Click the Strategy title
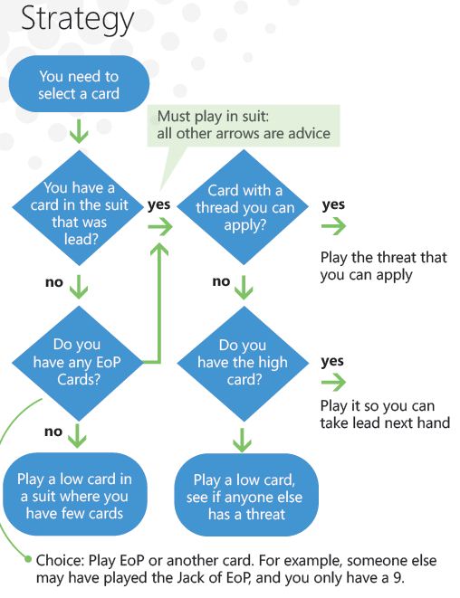(x=77, y=19)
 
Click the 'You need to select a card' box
(x=79, y=84)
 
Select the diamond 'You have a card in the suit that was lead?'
(x=79, y=208)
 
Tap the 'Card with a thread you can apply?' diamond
(x=244, y=207)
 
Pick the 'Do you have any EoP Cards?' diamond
(x=78, y=363)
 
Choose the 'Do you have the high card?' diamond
(x=243, y=363)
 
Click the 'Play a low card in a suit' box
(x=75, y=495)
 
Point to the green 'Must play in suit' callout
(x=244, y=126)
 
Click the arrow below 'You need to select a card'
(x=79, y=131)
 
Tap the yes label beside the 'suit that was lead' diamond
(x=158, y=204)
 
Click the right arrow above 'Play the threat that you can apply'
(x=333, y=226)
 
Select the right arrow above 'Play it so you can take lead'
(x=333, y=382)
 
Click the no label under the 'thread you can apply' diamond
(x=221, y=281)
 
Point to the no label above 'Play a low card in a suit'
(x=53, y=432)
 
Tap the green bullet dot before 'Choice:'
(x=27, y=559)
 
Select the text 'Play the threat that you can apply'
(x=383, y=266)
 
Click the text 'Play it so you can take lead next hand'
(x=385, y=414)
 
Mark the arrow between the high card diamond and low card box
(x=243, y=440)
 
